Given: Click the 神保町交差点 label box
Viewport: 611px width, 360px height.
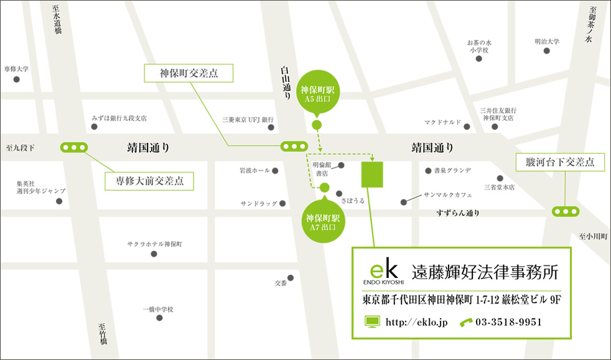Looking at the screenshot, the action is coord(189,73).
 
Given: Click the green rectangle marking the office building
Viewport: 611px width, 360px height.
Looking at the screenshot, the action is coord(373,173).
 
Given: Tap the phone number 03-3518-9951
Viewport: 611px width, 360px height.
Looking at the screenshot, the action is coord(508,322).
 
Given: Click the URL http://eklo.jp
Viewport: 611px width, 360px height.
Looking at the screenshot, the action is coord(416,322).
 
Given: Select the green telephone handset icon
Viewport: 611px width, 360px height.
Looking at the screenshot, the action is coord(466,322).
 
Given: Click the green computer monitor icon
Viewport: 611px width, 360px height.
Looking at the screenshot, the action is coord(372,322).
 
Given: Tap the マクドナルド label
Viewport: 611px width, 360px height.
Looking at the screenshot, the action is coord(443,122).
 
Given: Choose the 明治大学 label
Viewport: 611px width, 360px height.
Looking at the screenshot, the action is coord(547,42).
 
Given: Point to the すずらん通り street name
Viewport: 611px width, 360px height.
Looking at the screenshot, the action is coord(458,213).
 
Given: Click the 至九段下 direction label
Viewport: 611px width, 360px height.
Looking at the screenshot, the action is coord(21,148).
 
